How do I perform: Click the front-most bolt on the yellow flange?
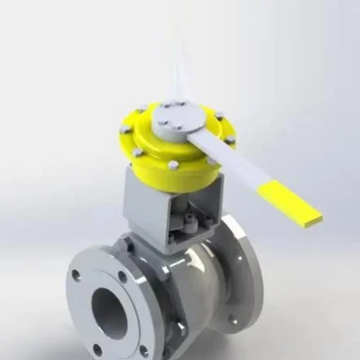174,166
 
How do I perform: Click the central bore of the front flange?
109,309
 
